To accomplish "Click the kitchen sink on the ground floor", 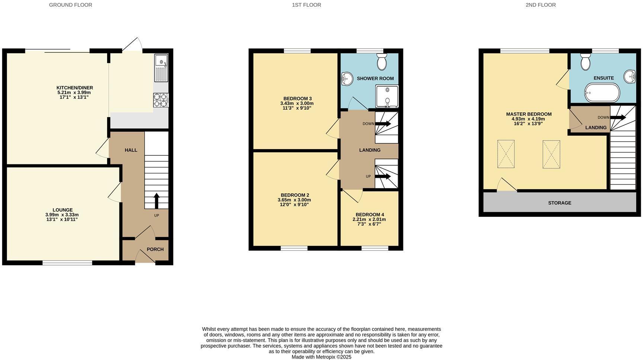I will pyautogui.click(x=161, y=68).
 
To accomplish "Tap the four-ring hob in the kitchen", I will pyautogui.click(x=161, y=100).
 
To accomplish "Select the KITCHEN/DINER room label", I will pyautogui.click(x=75, y=88).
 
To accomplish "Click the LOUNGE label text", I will pyautogui.click(x=63, y=210).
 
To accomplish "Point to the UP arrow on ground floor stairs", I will pyautogui.click(x=156, y=201).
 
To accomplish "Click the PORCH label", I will pyautogui.click(x=155, y=249).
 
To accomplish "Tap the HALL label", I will pyautogui.click(x=131, y=150).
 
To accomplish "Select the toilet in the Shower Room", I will pyautogui.click(x=382, y=61).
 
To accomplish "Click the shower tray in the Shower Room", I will pyautogui.click(x=387, y=96).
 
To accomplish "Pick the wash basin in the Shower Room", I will pyautogui.click(x=347, y=78).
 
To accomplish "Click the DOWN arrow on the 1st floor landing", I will pyautogui.click(x=383, y=123).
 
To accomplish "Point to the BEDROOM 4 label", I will pyautogui.click(x=370, y=215).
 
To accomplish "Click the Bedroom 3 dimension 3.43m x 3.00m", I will pyautogui.click(x=297, y=103).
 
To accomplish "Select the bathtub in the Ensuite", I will pyautogui.click(x=602, y=93).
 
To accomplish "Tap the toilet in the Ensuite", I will pyautogui.click(x=585, y=61).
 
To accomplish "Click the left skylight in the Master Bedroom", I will pyautogui.click(x=506, y=154).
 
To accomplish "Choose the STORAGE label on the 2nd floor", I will pyautogui.click(x=559, y=203).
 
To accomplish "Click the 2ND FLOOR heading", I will pyautogui.click(x=540, y=5).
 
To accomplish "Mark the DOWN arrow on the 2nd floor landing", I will pyautogui.click(x=618, y=118).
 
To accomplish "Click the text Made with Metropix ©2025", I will pyautogui.click(x=321, y=357).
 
